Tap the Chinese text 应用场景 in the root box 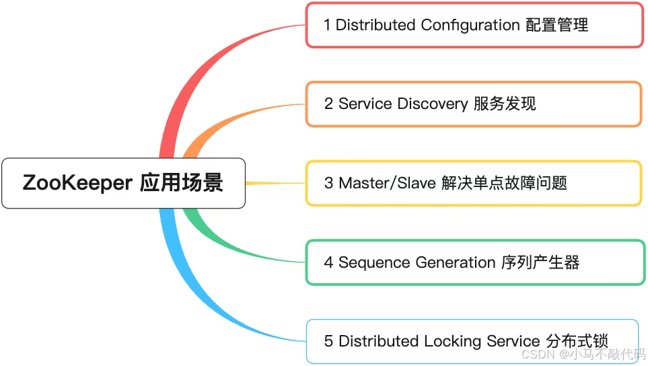point(182,183)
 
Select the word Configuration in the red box point(470,26)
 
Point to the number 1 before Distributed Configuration point(327,26)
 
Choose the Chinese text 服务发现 point(505,104)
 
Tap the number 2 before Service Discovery point(328,104)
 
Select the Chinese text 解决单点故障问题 point(505,183)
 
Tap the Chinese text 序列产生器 point(540,262)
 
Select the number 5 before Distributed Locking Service point(328,341)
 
